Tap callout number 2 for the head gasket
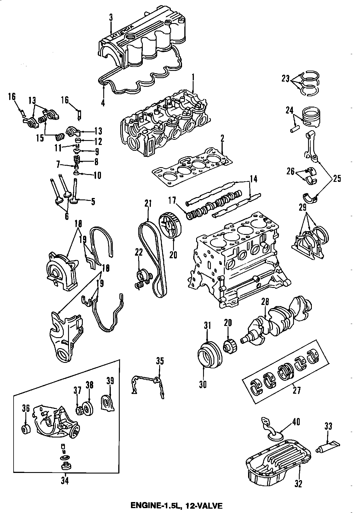coord(222,139)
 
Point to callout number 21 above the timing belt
coord(148,204)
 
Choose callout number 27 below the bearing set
coord(297,390)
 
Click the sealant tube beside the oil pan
coord(328,448)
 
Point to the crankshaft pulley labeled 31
coord(210,355)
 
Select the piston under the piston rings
coord(311,118)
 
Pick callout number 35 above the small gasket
coord(160,361)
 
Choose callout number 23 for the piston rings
coord(285,78)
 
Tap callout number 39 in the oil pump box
coord(110,381)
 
